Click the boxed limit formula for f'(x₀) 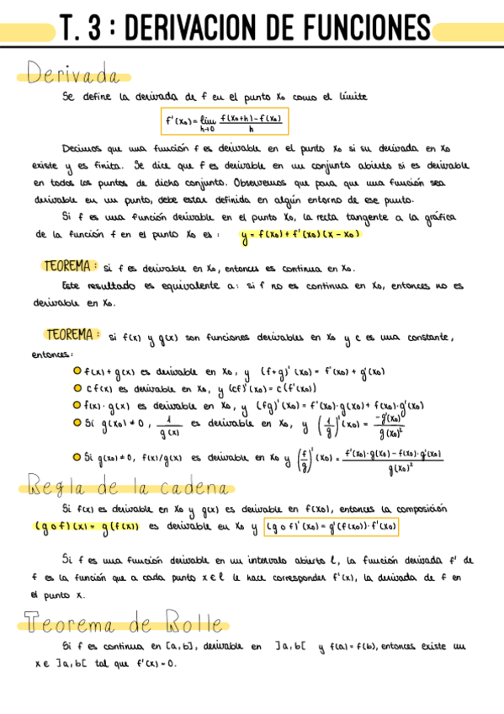pyautogui.click(x=225, y=122)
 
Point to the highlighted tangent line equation pyautogui.click(x=300, y=235)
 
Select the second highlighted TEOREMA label pyautogui.click(x=75, y=336)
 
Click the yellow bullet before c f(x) pyautogui.click(x=77, y=387)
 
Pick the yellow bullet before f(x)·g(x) pyautogui.click(x=77, y=404)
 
